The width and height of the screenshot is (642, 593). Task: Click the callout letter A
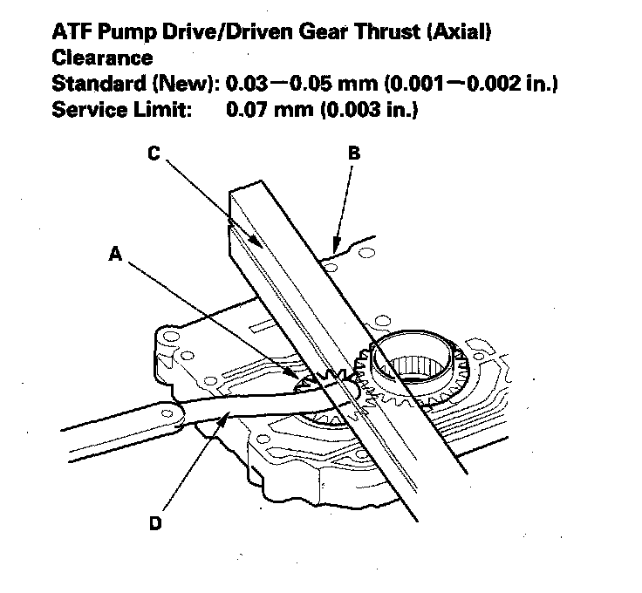click(x=115, y=254)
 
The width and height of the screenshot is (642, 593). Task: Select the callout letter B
click(x=352, y=153)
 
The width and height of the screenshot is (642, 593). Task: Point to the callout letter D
click(x=154, y=524)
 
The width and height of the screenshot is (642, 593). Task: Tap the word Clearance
click(x=102, y=59)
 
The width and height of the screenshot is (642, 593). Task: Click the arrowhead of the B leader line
click(x=332, y=249)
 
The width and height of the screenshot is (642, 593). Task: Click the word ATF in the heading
click(x=72, y=34)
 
